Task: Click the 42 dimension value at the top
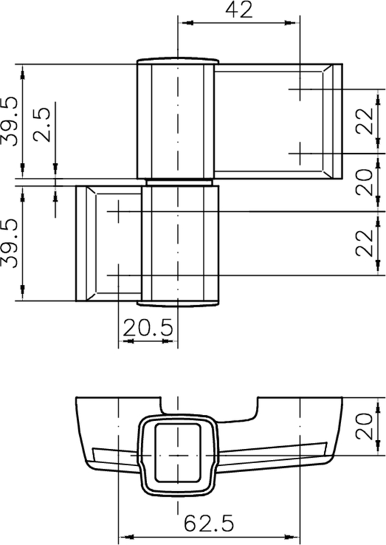click(238, 10)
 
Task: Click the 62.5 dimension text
click(209, 523)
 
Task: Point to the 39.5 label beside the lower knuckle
click(10, 243)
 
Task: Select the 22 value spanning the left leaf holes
click(366, 243)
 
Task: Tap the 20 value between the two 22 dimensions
click(366, 182)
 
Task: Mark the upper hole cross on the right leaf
click(300, 89)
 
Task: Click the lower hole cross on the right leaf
click(300, 153)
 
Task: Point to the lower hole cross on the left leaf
click(118, 275)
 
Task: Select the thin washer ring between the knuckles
click(178, 182)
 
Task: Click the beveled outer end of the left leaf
click(80, 243)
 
